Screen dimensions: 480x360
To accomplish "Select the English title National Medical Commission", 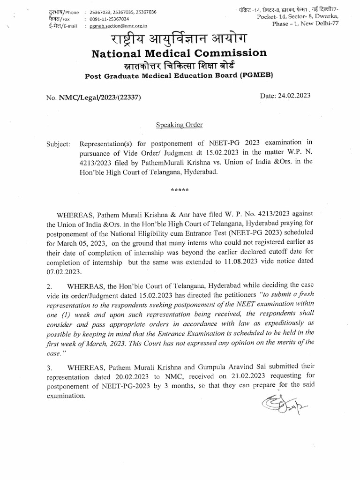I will pos(180,52).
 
